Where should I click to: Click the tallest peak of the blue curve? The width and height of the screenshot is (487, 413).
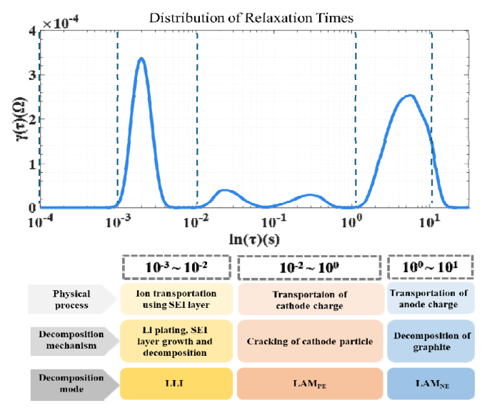141,59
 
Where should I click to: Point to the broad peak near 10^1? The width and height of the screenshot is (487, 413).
408,96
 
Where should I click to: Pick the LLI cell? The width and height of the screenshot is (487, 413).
176,384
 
